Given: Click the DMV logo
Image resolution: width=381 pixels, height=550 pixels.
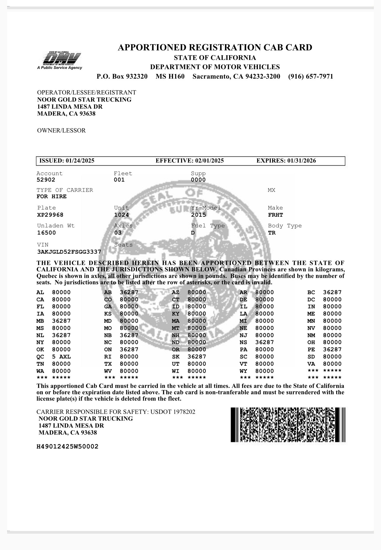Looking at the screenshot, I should point(60,60).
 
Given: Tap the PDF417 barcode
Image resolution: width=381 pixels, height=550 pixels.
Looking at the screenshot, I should point(288,425).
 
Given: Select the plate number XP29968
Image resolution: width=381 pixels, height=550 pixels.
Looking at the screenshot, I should point(50,215).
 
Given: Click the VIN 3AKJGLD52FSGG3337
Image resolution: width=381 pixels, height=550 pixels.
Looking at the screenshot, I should point(69,252).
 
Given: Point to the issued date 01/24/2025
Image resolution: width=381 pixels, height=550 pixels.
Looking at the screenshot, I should point(80,161).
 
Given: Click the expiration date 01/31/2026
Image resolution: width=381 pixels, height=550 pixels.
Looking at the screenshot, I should point(301,161).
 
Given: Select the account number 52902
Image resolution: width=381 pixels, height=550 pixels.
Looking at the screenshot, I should point(46,180).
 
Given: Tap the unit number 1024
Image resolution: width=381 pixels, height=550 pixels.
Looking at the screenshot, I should point(122,215).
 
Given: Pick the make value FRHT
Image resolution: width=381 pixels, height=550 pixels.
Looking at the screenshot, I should point(275,215).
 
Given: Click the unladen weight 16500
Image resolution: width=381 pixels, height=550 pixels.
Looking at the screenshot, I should point(46,233).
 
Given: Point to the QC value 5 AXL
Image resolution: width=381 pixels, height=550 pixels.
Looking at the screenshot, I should point(61,356).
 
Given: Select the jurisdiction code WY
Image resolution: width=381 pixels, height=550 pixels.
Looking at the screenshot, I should point(243,371).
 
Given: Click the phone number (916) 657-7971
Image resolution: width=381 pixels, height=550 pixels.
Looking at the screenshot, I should point(311,77).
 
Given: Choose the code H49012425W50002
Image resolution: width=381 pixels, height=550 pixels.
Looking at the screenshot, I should point(67,446).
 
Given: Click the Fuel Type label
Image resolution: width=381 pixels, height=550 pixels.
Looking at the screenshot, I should point(208,226).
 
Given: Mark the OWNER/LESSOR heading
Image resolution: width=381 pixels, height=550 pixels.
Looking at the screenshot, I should point(61,131).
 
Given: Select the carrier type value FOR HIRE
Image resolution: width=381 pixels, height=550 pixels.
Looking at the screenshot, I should point(52,196).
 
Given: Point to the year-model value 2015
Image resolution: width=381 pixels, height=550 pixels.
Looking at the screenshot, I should point(199,215).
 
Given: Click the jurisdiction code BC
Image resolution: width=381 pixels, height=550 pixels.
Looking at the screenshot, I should point(311,292).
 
